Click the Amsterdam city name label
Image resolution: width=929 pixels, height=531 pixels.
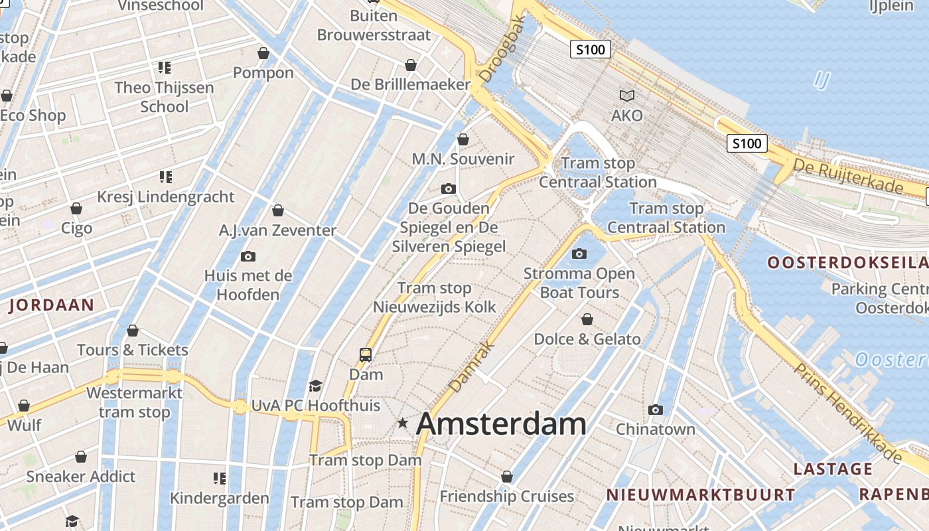pyautogui.click(x=501, y=424)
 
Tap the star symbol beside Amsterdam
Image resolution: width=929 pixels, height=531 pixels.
pyautogui.click(x=402, y=423)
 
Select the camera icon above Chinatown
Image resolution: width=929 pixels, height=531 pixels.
pyautogui.click(x=656, y=410)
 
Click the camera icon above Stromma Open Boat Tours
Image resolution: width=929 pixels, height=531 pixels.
pyautogui.click(x=579, y=254)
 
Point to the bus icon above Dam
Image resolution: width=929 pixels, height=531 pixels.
pyautogui.click(x=366, y=354)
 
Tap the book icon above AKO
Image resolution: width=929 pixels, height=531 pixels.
pyautogui.click(x=626, y=96)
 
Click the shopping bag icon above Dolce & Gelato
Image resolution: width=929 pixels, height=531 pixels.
pyautogui.click(x=587, y=319)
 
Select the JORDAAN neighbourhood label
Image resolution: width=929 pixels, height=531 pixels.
pyautogui.click(x=51, y=305)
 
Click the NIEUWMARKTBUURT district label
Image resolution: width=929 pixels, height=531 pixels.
pyautogui.click(x=701, y=494)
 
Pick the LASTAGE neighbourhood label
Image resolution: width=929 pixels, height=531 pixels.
pyautogui.click(x=833, y=469)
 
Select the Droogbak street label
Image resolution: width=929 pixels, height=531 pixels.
pyautogui.click(x=502, y=50)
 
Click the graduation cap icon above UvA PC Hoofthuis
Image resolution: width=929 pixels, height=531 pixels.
pyautogui.click(x=316, y=386)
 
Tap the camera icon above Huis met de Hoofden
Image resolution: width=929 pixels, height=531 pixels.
pyautogui.click(x=248, y=256)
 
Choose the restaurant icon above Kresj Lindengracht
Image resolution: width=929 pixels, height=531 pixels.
pyautogui.click(x=165, y=177)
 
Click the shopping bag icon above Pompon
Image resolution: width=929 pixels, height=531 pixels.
pyautogui.click(x=263, y=53)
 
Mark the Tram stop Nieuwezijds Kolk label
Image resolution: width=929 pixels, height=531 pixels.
pyautogui.click(x=435, y=297)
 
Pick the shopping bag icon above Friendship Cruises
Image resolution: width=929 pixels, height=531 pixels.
pyautogui.click(x=507, y=477)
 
